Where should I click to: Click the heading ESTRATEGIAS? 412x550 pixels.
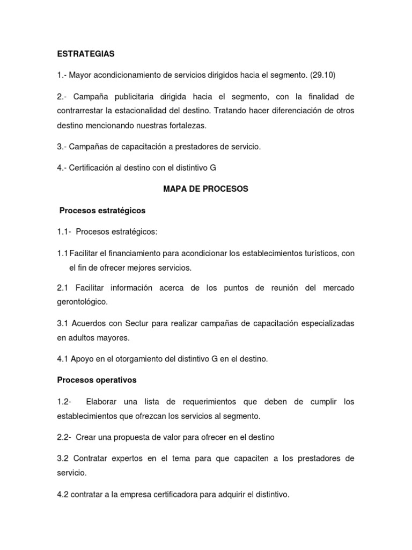[x=86, y=54]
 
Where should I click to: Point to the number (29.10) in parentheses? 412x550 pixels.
[x=322, y=76]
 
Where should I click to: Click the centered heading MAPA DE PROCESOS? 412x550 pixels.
[x=205, y=189]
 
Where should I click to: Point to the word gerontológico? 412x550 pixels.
[x=82, y=302]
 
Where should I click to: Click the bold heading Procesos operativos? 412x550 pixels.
[x=97, y=380]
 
